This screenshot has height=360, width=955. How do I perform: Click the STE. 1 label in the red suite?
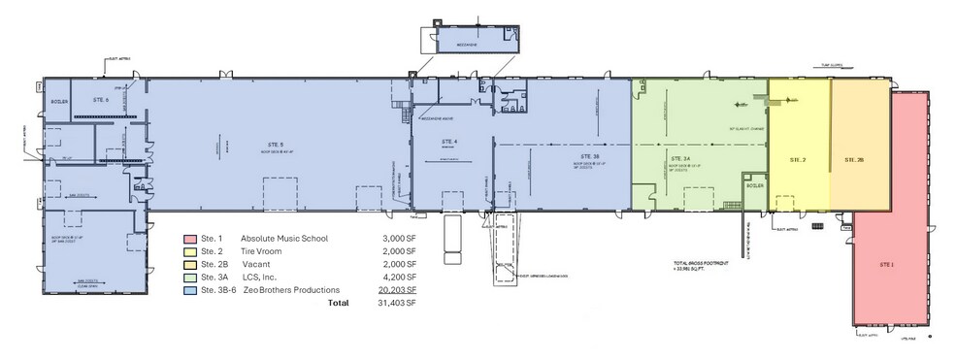coord(885,263)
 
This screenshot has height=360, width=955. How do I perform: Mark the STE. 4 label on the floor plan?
coord(449,143)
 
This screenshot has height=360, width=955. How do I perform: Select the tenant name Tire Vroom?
coord(254,250)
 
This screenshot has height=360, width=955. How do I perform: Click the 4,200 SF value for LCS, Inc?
coord(399,277)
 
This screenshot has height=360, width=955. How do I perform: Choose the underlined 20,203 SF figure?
coord(396,289)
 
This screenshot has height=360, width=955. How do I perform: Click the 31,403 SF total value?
coord(396,303)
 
